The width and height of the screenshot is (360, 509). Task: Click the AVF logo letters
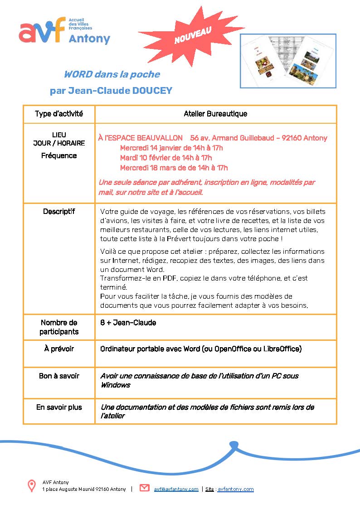(x=42, y=32)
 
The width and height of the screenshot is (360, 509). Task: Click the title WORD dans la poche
(x=112, y=74)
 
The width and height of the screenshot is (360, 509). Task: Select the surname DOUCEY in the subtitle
(x=152, y=91)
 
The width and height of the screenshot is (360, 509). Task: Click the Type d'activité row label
(x=59, y=114)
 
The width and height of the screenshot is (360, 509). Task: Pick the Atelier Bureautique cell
(x=215, y=114)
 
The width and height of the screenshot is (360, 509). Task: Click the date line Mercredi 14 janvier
(x=171, y=148)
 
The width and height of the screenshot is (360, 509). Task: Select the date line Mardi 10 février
(x=166, y=158)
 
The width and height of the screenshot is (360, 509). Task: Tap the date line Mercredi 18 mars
(x=174, y=168)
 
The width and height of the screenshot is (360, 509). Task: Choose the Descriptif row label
(x=59, y=211)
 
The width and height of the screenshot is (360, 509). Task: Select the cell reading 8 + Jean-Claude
(x=128, y=323)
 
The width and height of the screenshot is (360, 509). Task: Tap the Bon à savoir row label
(x=59, y=376)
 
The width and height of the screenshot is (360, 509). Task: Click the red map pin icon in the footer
(x=32, y=486)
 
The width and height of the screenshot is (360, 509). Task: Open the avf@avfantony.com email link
(x=176, y=489)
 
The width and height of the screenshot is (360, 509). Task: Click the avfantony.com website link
(x=235, y=489)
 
